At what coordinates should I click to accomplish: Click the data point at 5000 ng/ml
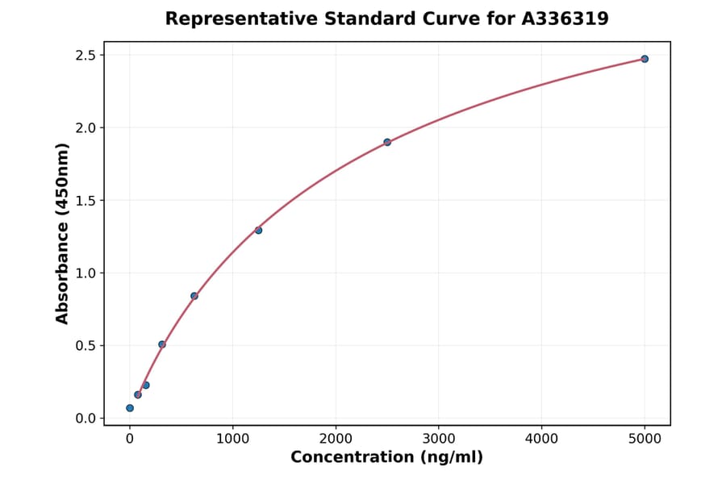tap(645, 59)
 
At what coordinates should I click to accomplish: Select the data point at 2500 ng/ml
tap(387, 142)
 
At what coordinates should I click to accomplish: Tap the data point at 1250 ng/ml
tap(258, 230)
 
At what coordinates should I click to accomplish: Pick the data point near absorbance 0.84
tap(194, 296)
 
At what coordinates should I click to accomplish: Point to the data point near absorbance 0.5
tap(162, 344)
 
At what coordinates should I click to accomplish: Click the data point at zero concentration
tap(130, 408)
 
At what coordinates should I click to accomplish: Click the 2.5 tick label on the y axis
tap(86, 56)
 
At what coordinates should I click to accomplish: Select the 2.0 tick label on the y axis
tap(86, 128)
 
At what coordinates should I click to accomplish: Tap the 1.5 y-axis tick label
tap(86, 201)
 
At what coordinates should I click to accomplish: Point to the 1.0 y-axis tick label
tap(86, 273)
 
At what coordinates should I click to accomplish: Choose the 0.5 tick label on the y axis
tap(86, 346)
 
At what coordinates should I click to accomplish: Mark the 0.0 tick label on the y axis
tap(86, 419)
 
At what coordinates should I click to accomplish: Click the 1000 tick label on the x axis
tap(232, 439)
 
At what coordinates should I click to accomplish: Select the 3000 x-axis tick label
tap(438, 439)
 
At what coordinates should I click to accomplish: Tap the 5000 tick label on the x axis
tap(645, 439)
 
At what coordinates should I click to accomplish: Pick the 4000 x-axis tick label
tap(541, 439)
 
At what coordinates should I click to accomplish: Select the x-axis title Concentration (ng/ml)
tap(386, 458)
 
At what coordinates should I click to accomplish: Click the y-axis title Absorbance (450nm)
tap(63, 234)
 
